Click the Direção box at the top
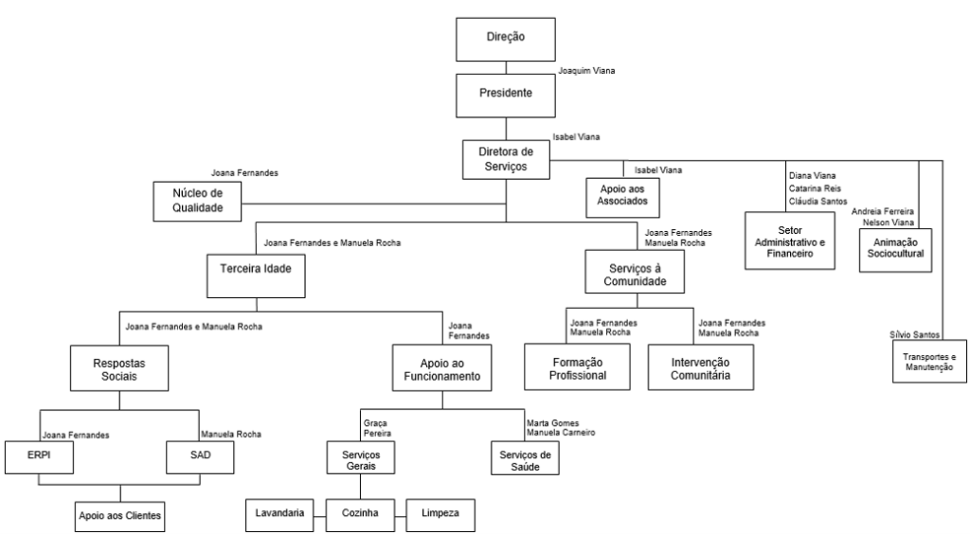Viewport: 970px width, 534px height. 505,38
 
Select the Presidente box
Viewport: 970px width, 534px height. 505,95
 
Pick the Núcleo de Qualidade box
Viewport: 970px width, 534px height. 195,203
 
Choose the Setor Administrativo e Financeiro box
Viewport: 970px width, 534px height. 790,241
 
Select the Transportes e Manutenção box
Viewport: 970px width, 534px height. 929,362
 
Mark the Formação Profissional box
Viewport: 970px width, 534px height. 578,366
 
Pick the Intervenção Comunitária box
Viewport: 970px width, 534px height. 701,366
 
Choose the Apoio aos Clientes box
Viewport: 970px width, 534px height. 119,515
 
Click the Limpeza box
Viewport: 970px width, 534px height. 441,512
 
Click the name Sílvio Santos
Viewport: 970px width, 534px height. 913,336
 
